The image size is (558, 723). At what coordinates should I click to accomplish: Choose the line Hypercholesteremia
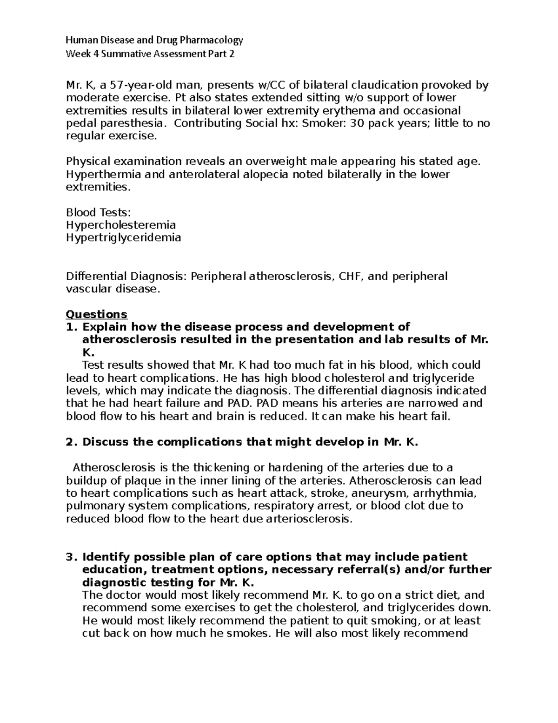[121, 225]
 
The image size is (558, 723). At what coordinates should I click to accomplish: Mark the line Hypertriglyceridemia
[123, 238]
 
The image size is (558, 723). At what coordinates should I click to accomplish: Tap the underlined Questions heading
[96, 314]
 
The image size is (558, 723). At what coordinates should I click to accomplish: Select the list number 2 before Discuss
[70, 442]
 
